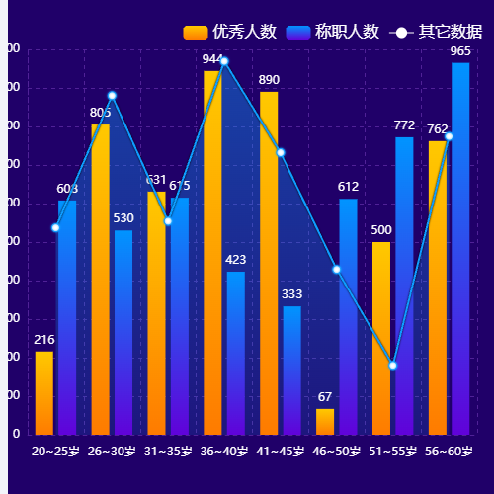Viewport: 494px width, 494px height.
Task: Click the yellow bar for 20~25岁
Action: pyautogui.click(x=44, y=393)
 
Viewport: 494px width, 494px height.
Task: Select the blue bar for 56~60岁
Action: pyautogui.click(x=460, y=247)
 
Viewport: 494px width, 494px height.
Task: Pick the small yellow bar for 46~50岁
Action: pyautogui.click(x=325, y=422)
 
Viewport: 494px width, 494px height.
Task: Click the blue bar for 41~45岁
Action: pyautogui.click(x=292, y=370)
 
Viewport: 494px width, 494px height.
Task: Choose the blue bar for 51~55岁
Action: pyautogui.click(x=404, y=287)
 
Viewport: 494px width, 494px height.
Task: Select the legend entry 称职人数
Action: pyautogui.click(x=333, y=32)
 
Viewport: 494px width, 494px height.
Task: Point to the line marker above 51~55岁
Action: pyautogui.click(x=392, y=366)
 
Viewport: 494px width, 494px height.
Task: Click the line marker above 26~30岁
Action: pyautogui.click(x=112, y=95)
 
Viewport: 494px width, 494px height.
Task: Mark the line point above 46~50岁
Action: pyautogui.click(x=336, y=269)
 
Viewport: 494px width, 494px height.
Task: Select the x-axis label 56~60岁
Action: pyautogui.click(x=449, y=452)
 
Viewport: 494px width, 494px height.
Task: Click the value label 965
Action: pyautogui.click(x=460, y=51)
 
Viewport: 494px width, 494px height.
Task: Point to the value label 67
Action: pyautogui.click(x=325, y=397)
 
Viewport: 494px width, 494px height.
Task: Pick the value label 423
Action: pyautogui.click(x=236, y=260)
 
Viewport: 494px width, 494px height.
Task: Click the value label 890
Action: pyautogui.click(x=269, y=80)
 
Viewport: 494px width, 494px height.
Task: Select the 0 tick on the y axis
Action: pyautogui.click(x=16, y=434)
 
